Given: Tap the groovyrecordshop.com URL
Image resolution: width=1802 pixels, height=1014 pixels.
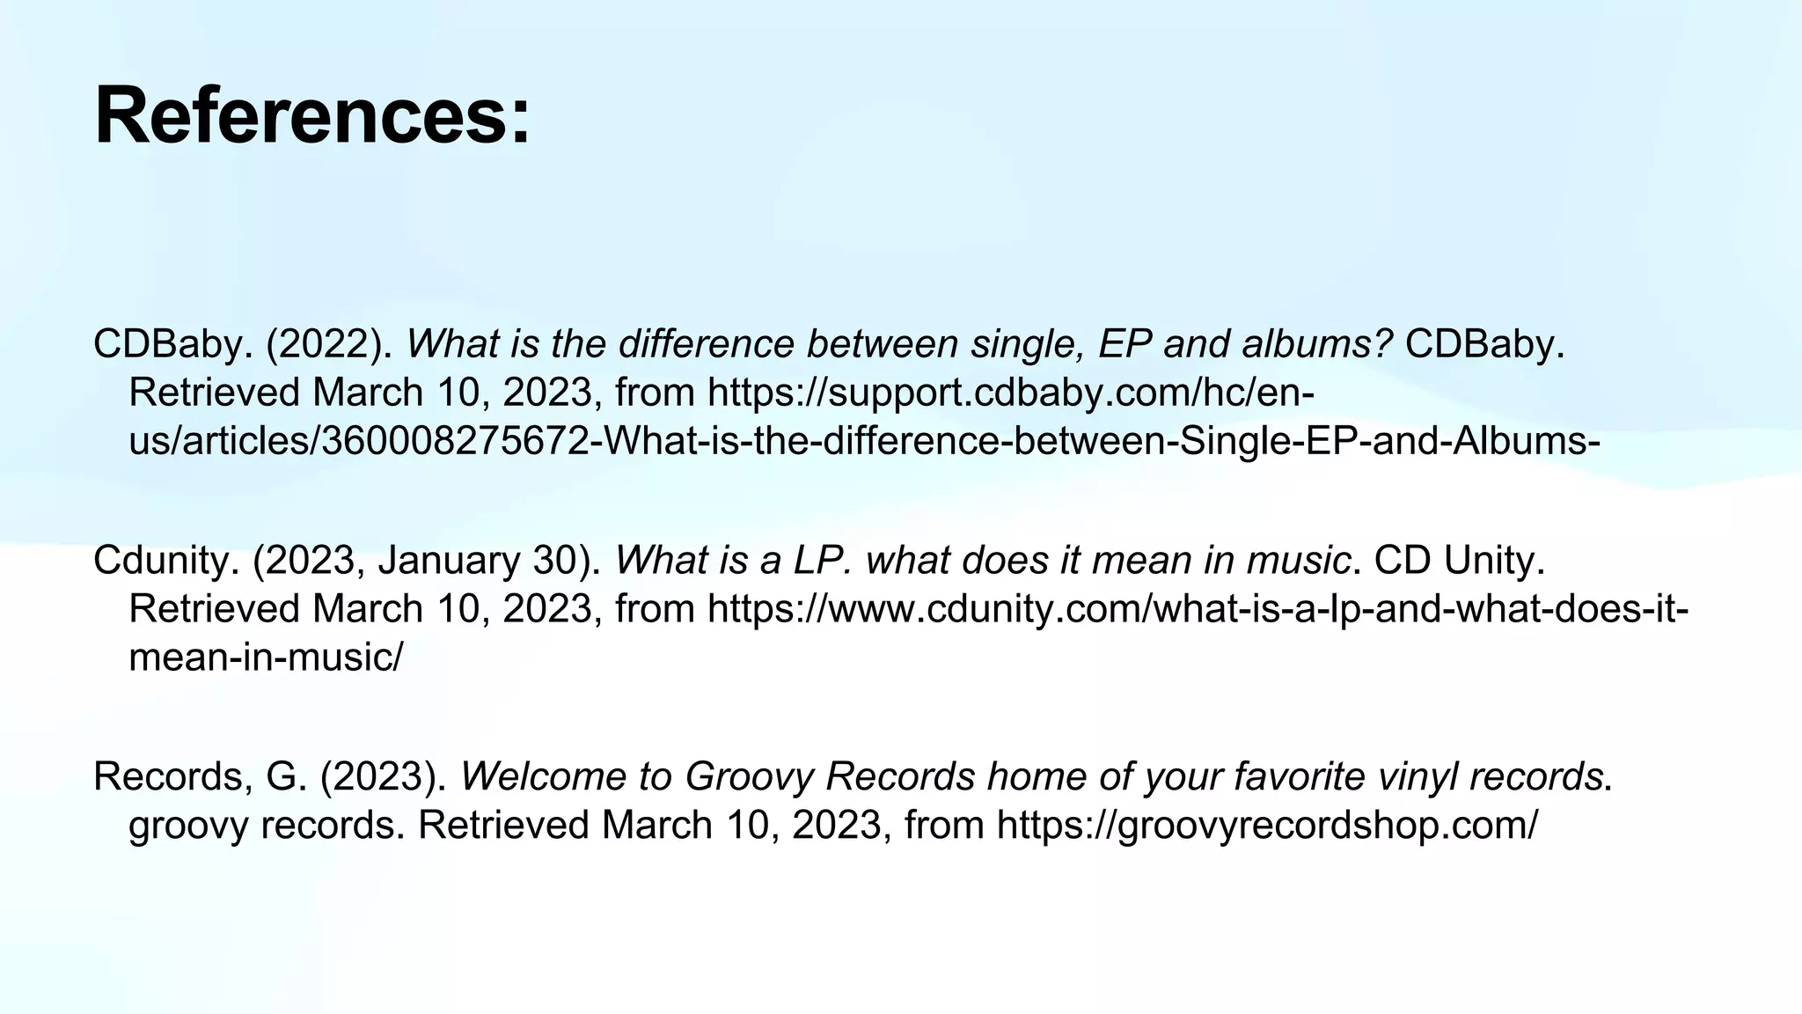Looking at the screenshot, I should coord(1267,826).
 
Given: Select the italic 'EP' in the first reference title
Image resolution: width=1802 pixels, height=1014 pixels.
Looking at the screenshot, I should coord(1125,344).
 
